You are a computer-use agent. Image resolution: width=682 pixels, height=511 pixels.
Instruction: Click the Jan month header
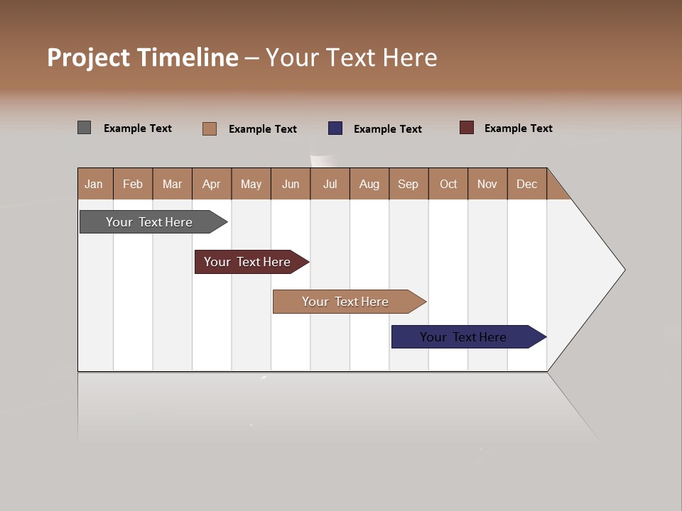94,184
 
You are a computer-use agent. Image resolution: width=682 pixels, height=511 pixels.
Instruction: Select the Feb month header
133,184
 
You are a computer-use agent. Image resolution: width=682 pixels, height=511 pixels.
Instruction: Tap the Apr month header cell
212,184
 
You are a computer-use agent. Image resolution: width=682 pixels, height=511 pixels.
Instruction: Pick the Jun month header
291,184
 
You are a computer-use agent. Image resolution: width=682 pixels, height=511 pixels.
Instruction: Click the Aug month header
369,184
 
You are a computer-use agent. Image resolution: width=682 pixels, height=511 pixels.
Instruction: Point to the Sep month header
408,184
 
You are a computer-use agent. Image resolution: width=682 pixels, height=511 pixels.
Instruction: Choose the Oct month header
448,184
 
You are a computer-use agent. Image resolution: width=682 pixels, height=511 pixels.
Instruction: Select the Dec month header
527,184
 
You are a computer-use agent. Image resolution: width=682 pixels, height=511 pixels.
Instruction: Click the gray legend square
84,128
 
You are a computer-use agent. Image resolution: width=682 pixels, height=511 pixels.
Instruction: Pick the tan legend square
210,128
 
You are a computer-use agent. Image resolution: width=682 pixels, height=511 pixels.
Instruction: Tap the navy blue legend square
335,128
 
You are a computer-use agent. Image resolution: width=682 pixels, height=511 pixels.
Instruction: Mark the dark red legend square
467,128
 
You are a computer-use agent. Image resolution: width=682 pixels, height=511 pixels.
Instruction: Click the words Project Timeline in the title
142,57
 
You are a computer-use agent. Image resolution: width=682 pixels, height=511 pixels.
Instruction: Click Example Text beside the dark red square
518,128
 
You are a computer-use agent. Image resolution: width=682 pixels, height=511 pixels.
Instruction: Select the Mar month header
172,184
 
